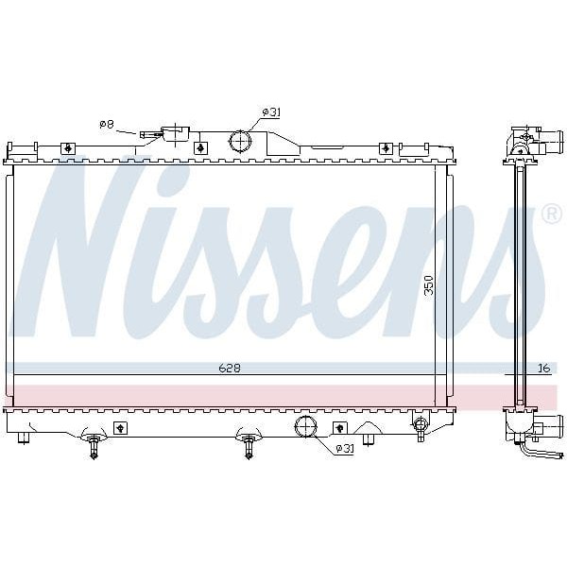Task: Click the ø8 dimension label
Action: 107,124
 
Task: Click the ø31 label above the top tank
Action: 271,112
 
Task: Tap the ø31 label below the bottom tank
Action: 343,448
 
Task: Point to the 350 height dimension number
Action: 428,285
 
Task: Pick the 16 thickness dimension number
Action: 543,368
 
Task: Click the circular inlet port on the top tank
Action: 242,143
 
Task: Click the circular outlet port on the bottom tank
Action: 307,426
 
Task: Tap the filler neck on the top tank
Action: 175,134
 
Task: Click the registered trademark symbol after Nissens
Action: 552,215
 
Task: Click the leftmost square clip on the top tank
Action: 68,148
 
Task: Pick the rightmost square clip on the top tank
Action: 386,148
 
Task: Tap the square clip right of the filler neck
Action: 200,148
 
